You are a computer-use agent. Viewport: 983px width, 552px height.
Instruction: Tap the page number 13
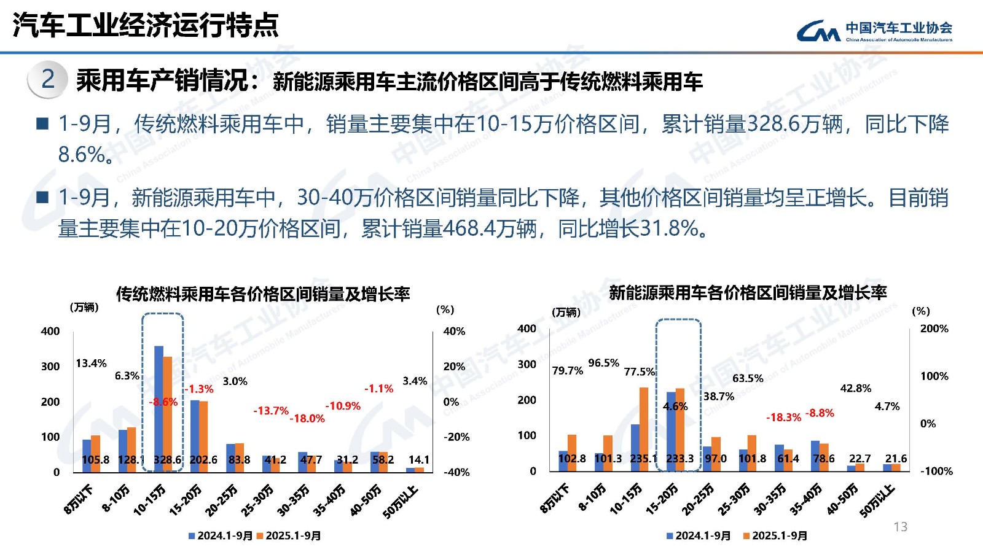(x=900, y=527)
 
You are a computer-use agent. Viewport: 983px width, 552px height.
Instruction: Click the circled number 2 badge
(x=47, y=79)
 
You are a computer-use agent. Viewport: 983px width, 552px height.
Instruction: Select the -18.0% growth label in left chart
(x=307, y=418)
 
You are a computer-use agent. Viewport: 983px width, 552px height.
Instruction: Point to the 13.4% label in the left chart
(x=91, y=363)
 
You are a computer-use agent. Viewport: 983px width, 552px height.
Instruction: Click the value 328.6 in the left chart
(x=167, y=459)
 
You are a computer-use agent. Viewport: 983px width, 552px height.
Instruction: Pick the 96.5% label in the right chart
(x=603, y=363)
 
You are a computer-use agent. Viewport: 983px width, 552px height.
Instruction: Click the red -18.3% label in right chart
(x=783, y=417)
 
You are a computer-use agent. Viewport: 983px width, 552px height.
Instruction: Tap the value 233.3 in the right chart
(x=679, y=458)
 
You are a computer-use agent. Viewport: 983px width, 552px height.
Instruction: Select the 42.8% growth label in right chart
(x=855, y=388)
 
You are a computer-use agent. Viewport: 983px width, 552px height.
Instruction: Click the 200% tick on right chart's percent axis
(x=934, y=328)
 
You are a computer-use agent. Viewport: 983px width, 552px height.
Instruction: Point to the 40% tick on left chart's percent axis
(x=454, y=331)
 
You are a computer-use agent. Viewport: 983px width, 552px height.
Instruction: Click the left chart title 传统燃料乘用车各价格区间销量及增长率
(x=263, y=294)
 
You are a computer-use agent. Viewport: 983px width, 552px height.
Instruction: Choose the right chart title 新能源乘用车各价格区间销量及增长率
(x=748, y=292)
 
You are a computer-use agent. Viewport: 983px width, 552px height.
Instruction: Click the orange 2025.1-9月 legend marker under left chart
(x=260, y=535)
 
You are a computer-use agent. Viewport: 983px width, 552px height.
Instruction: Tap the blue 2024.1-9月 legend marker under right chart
(x=670, y=535)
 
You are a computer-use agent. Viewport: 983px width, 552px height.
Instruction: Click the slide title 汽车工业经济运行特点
(x=146, y=25)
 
